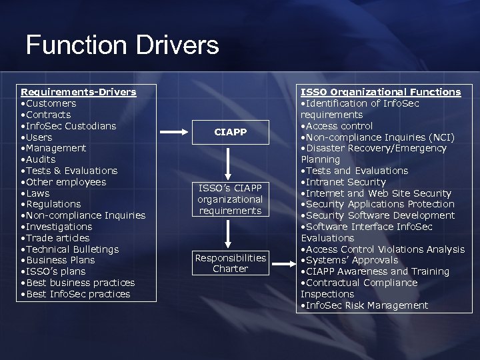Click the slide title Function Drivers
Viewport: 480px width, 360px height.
click(122, 45)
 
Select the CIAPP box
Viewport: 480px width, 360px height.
click(231, 132)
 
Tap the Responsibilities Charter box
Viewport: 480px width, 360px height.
click(231, 263)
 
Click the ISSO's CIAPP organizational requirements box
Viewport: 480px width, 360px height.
click(231, 199)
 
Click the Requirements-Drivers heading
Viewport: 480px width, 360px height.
click(79, 92)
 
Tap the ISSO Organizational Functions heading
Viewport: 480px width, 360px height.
click(381, 92)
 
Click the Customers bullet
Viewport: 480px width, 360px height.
click(51, 103)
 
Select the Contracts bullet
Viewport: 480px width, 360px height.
click(48, 115)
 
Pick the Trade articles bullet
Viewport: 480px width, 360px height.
click(57, 238)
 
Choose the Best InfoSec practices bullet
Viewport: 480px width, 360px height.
click(78, 294)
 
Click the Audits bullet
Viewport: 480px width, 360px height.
click(41, 159)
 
